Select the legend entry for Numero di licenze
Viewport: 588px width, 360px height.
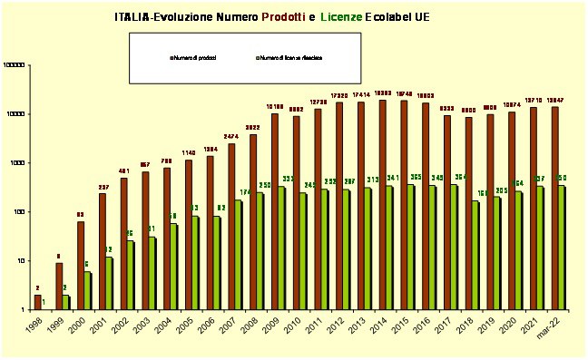coord(289,57)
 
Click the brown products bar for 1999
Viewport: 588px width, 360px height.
coord(58,286)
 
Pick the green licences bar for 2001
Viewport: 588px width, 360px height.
coord(109,283)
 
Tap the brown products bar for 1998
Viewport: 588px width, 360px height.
coord(37,302)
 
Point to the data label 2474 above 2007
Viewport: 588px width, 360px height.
coord(231,135)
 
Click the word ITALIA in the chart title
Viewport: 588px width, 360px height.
coord(132,17)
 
